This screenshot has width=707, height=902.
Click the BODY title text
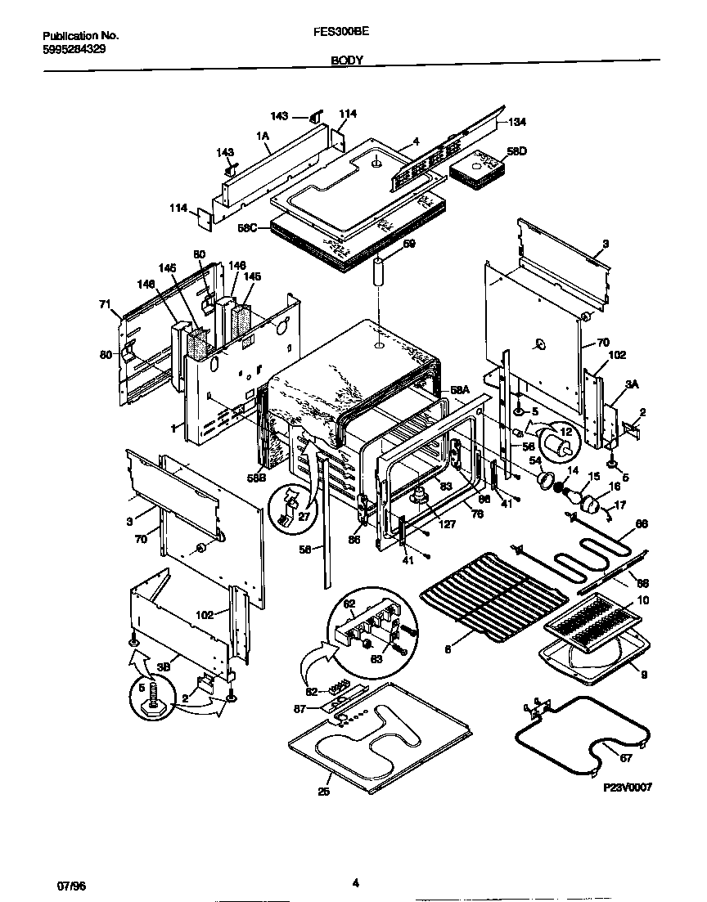pos(347,61)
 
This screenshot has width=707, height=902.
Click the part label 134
pos(516,123)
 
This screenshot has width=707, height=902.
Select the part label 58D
pos(516,151)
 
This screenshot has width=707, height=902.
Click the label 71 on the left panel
pos(104,304)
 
